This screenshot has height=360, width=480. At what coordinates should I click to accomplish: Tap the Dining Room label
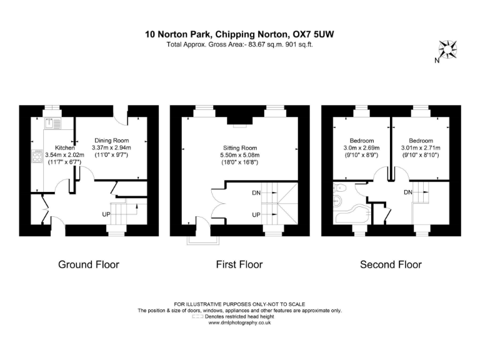111,140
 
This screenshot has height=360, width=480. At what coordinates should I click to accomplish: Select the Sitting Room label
241,147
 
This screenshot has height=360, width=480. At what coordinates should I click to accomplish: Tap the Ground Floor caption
88,264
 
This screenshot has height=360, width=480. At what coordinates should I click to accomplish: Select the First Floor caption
239,264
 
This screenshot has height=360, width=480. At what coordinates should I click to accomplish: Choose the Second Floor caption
391,264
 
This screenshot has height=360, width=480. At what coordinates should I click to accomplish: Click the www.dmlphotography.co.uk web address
239,322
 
